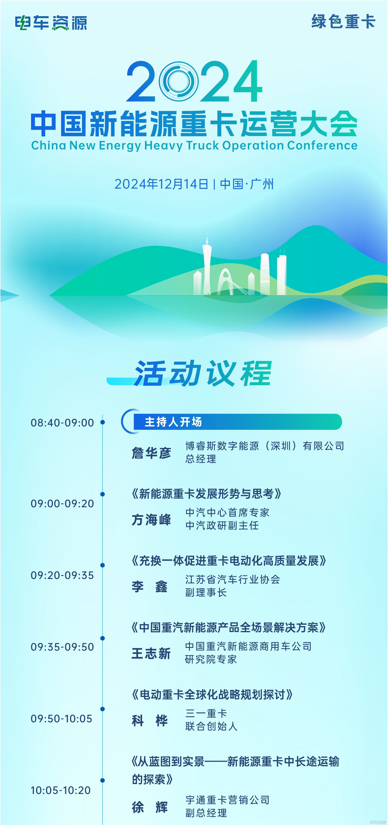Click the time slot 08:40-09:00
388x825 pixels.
pos(62,423)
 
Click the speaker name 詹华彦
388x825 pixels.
pos(151,453)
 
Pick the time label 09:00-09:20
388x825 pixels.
pos(62,503)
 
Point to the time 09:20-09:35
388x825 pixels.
pos(62,575)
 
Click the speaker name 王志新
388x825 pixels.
pos(151,653)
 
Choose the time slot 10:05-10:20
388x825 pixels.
pos(61,790)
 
